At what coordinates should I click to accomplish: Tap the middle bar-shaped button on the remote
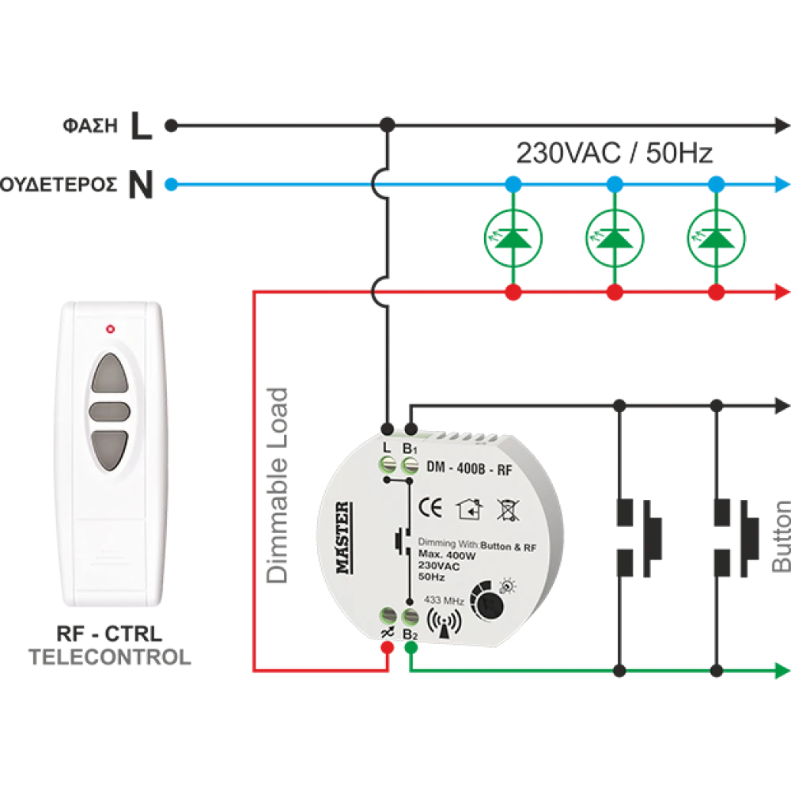[108, 411]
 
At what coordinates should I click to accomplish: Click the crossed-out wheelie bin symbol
[507, 509]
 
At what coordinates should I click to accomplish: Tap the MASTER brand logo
[343, 539]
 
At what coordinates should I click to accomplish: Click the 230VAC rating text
[439, 567]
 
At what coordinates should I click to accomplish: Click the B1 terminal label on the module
[410, 448]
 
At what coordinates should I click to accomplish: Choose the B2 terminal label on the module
[410, 635]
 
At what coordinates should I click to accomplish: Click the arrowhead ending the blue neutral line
[782, 185]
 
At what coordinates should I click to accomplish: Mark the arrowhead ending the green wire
[782, 672]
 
